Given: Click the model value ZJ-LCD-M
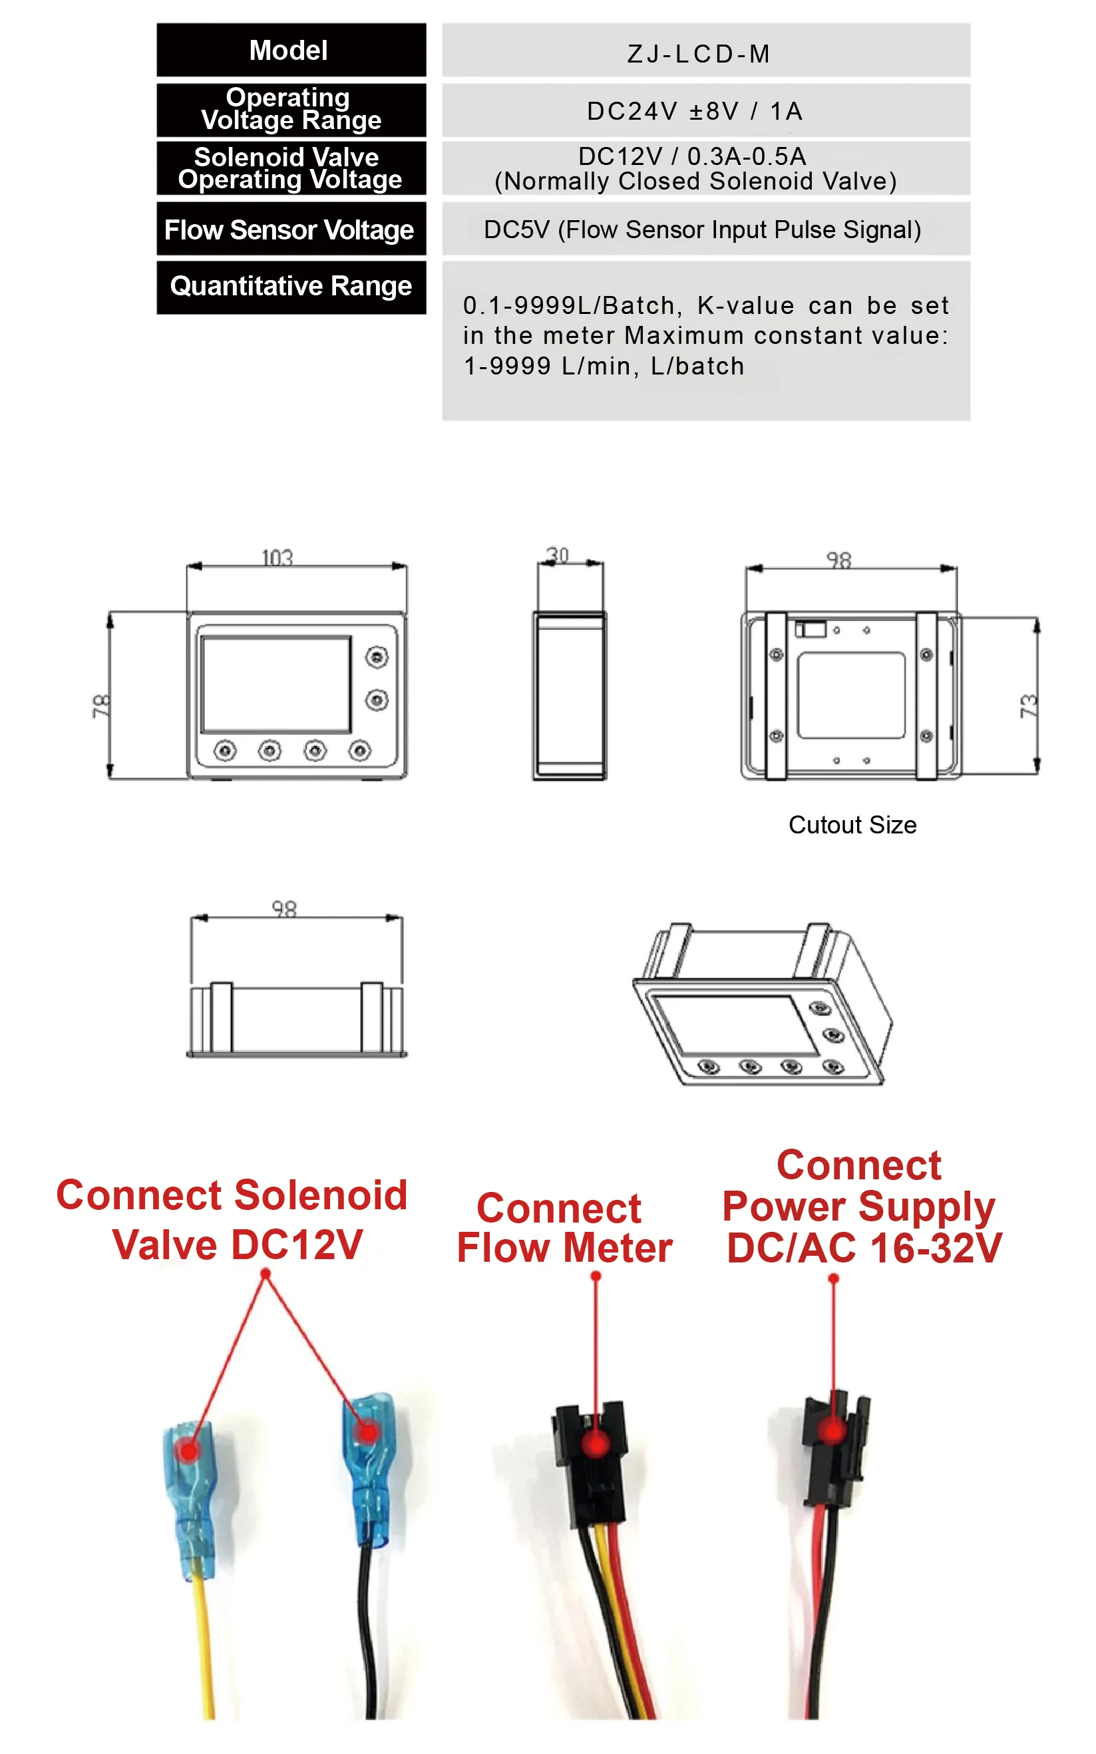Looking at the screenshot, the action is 698,54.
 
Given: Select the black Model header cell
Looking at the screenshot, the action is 291,50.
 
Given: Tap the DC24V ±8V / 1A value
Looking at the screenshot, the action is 695,111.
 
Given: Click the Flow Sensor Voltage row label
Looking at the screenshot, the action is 289,229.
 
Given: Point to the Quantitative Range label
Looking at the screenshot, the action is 291,286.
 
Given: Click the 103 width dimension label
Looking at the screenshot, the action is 277,557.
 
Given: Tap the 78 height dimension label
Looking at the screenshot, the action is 100,706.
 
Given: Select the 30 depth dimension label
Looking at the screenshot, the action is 558,555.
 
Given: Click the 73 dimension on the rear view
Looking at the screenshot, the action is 1029,706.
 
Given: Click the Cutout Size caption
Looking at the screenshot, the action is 852,825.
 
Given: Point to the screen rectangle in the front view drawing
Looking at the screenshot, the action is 276,684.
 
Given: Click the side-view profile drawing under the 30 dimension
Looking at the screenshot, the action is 570,696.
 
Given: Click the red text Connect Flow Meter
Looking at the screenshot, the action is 564,1228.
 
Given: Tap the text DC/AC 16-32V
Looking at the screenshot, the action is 864,1248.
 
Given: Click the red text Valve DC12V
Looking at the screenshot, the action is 237,1244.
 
